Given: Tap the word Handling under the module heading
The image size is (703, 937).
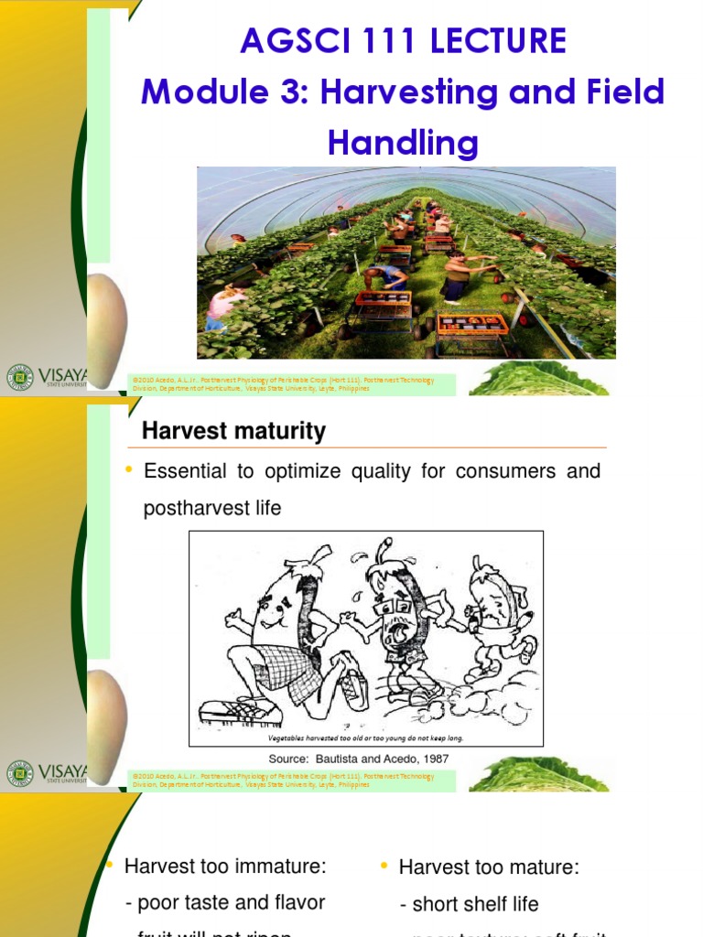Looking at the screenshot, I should pyautogui.click(x=403, y=143).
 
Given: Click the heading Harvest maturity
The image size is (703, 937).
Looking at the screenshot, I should pyautogui.click(x=233, y=431).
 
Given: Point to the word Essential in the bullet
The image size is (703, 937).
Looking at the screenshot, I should pyautogui.click(x=197, y=471).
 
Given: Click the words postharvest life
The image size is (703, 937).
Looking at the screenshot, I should pyautogui.click(x=211, y=509).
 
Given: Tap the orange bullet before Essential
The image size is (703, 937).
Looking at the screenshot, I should pyautogui.click(x=129, y=470).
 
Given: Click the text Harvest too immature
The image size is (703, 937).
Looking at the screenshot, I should pyautogui.click(x=225, y=866).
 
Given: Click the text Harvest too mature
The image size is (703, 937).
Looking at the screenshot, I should pyautogui.click(x=489, y=867).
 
